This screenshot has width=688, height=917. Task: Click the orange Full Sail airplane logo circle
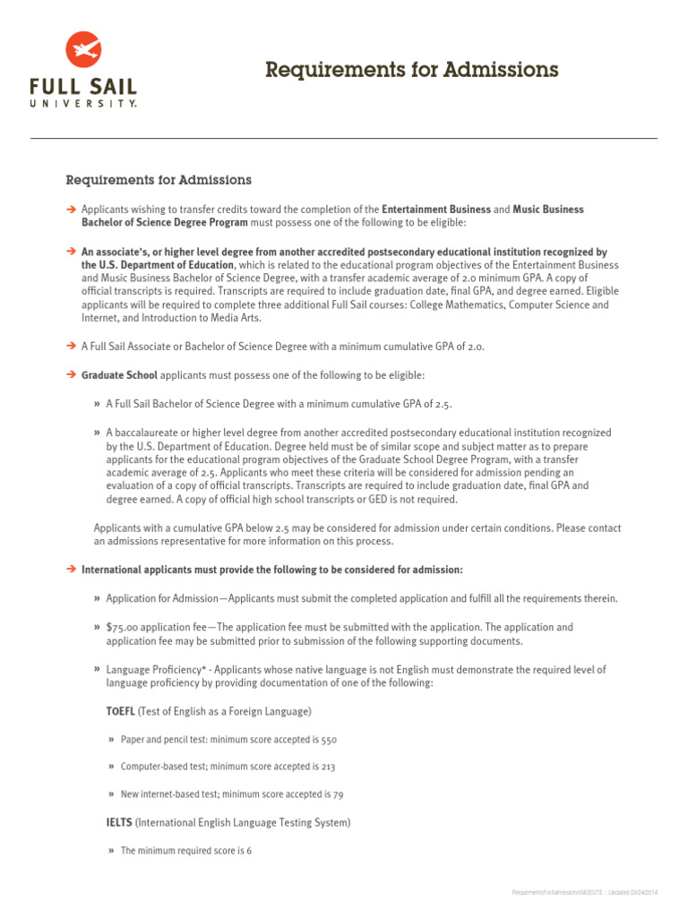(x=83, y=50)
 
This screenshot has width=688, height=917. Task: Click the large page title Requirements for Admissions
(x=411, y=70)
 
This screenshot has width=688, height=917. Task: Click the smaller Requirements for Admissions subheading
(x=159, y=180)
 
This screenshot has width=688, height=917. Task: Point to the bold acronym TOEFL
(x=121, y=711)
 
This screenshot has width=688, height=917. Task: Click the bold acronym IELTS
(x=119, y=822)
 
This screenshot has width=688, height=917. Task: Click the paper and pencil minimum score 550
(x=328, y=740)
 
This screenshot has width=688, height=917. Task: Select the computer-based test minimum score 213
(x=328, y=767)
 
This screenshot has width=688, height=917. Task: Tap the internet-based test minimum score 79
(x=338, y=794)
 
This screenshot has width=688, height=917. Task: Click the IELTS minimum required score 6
(x=248, y=851)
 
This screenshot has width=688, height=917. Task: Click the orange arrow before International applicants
(x=71, y=570)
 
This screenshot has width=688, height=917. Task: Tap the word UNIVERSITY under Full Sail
(x=83, y=104)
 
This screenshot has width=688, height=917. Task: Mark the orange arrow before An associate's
(x=71, y=253)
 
